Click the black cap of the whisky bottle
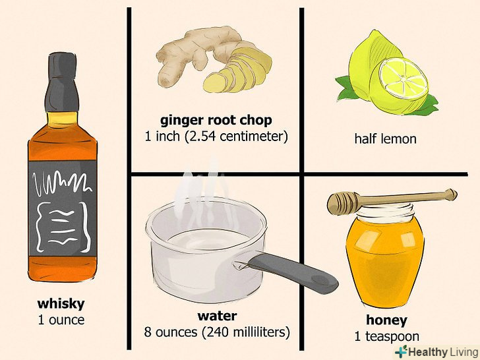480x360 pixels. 62,82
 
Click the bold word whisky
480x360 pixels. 61,304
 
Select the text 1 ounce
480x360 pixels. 61,320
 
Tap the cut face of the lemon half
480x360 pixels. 403,78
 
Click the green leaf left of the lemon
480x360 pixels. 344,88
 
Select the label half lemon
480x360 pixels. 386,138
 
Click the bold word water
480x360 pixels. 217,316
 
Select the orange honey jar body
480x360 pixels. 386,260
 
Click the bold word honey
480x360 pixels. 386,320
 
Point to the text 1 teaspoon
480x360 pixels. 387,336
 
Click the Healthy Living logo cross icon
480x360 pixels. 402,351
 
